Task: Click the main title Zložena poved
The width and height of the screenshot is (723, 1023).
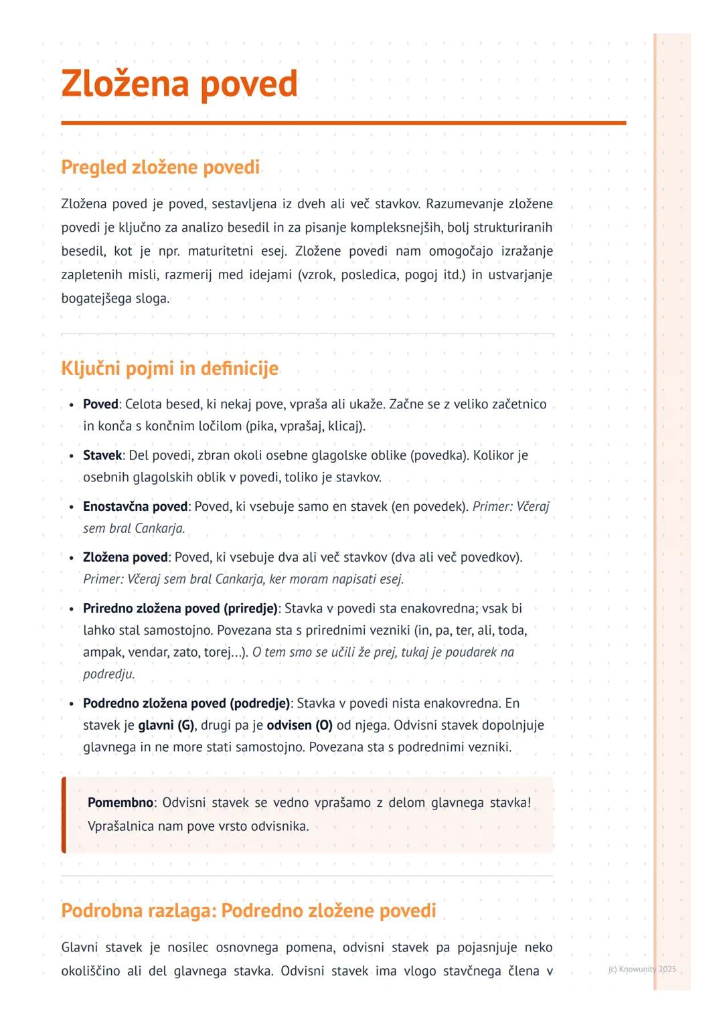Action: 179,84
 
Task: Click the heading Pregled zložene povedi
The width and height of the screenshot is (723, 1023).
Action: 160,167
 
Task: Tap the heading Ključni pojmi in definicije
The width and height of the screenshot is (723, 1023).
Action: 169,368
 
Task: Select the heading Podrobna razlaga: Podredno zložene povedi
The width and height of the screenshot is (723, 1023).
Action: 248,911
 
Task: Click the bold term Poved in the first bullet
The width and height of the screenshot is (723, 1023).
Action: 100,404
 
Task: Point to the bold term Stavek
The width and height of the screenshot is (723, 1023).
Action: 102,455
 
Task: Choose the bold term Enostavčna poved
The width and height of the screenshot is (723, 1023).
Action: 135,506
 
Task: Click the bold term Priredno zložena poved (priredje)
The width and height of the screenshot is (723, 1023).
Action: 180,608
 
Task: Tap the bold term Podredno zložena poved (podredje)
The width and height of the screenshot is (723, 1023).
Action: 186,703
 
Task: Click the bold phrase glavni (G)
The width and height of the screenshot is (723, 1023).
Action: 166,725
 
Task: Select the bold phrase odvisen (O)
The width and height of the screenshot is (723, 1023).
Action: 299,725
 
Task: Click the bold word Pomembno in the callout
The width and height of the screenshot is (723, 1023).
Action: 120,802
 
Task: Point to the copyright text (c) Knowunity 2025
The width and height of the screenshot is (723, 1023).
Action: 642,969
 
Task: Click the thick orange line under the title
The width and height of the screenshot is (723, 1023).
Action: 343,123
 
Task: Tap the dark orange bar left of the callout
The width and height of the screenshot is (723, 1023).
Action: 64,815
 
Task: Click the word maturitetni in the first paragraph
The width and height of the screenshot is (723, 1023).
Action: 219,251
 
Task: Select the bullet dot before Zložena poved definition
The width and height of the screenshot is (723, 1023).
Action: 72,558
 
